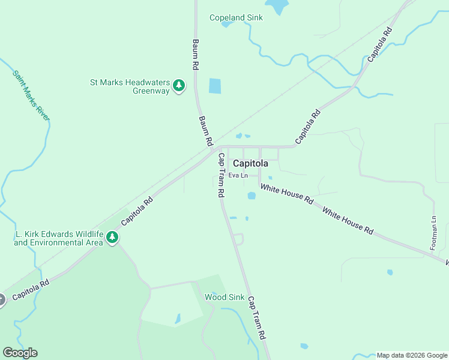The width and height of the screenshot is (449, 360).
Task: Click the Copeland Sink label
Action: tap(236, 17)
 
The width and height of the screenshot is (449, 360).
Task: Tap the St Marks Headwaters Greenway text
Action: tap(130, 87)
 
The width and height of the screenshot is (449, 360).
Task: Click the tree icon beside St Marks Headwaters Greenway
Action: tap(178, 86)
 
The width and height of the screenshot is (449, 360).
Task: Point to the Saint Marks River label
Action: tap(31, 96)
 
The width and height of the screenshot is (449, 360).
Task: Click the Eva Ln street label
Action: tap(238, 175)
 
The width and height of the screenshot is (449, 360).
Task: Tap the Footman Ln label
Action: tap(433, 233)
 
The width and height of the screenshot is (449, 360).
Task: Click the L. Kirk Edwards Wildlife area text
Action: tap(58, 238)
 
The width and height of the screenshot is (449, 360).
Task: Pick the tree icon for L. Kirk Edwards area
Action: tap(112, 238)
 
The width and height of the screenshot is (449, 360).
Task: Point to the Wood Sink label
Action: tap(224, 297)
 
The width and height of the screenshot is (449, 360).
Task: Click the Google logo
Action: tap(20, 353)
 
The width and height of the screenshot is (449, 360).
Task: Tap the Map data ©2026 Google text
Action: tap(412, 355)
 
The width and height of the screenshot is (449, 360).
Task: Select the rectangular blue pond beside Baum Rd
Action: tap(215, 86)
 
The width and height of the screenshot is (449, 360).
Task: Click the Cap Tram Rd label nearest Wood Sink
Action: tap(257, 319)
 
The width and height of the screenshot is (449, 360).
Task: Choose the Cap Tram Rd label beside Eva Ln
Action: tap(221, 176)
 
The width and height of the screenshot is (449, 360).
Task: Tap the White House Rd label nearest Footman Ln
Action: tap(348, 221)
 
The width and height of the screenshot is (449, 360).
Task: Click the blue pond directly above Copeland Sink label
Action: tap(277, 6)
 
